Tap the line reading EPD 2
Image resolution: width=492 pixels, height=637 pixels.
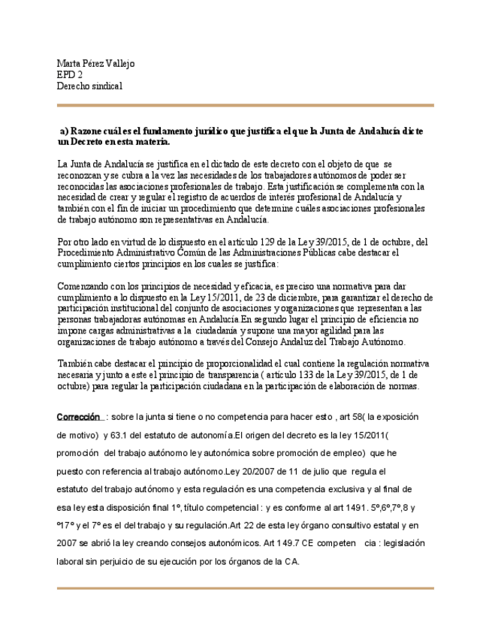point(70,75)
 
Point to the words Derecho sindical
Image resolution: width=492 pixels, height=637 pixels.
point(89,86)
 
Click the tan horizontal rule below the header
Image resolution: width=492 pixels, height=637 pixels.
point(246,105)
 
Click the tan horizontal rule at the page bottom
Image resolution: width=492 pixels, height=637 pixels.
point(246,587)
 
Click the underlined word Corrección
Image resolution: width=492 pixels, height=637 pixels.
point(80,417)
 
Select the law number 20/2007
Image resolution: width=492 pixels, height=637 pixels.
point(259,471)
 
